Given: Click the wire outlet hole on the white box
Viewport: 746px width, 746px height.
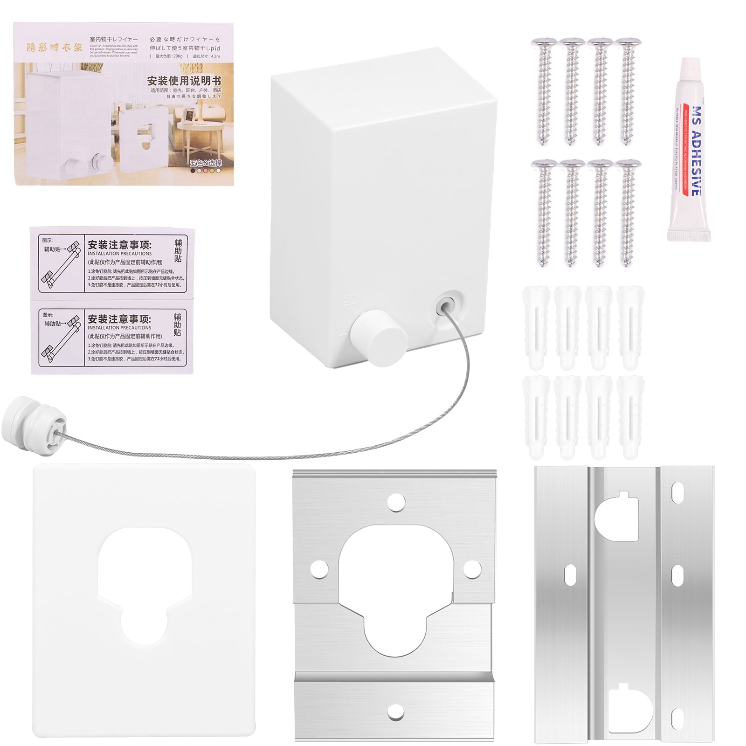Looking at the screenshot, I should [445, 305].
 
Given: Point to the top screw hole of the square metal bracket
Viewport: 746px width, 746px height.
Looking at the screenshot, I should [396, 500].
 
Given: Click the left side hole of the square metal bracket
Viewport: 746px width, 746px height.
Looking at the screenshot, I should [318, 567].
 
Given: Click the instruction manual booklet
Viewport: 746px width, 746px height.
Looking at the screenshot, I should [124, 104].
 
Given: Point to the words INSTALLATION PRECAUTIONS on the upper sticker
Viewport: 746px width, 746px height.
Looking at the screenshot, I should [120, 254].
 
